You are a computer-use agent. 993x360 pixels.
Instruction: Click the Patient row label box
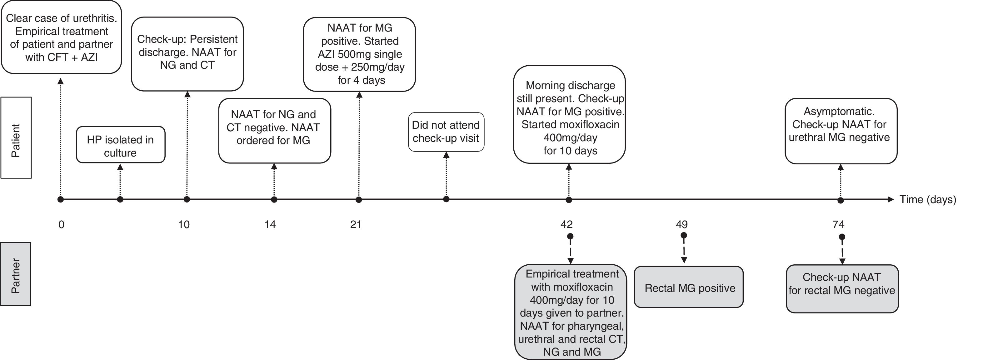click(16, 137)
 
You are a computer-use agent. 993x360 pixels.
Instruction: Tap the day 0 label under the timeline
click(61, 224)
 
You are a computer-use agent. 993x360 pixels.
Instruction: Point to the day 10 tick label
click(184, 224)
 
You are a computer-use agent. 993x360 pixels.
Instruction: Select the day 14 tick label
click(270, 224)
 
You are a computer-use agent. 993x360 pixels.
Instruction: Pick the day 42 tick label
click(566, 224)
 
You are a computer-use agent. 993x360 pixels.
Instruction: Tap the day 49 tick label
click(681, 224)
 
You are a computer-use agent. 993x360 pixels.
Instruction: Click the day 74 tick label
click(838, 224)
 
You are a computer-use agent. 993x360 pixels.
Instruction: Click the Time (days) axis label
click(927, 200)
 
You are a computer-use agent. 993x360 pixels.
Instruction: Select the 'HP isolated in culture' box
click(121, 145)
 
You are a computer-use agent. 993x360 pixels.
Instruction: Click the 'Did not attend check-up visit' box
click(446, 132)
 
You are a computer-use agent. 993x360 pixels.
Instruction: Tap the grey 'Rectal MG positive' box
click(688, 287)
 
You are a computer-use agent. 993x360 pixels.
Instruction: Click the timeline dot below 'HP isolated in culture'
click(120, 200)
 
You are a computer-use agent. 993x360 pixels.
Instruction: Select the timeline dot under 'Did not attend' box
click(447, 199)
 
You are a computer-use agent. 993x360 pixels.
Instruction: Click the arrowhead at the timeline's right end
click(890, 199)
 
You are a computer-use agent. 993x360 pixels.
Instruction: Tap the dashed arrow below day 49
click(684, 250)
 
